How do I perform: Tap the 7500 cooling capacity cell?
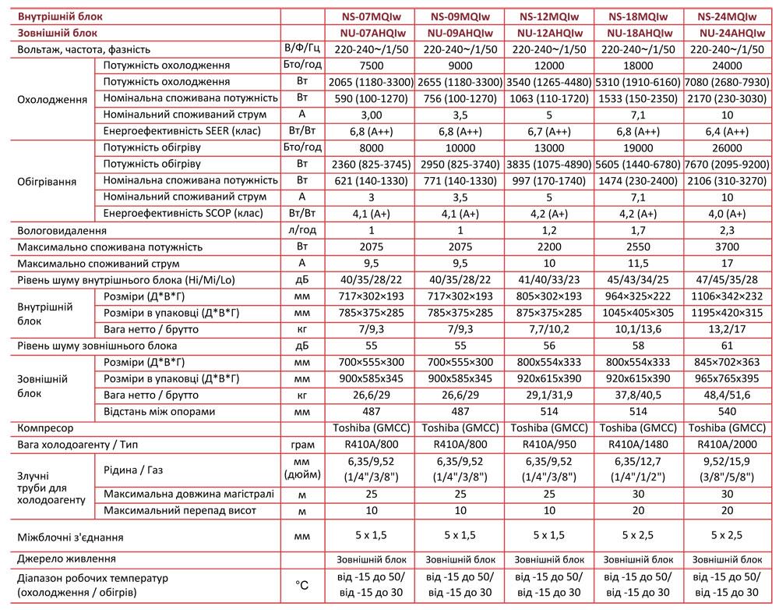pyautogui.click(x=371, y=66)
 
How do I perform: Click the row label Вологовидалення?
pyautogui.click(x=62, y=231)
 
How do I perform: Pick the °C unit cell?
pyautogui.click(x=302, y=584)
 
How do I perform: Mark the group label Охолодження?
pyautogui.click(x=51, y=100)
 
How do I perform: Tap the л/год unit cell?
pyautogui.click(x=302, y=231)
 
